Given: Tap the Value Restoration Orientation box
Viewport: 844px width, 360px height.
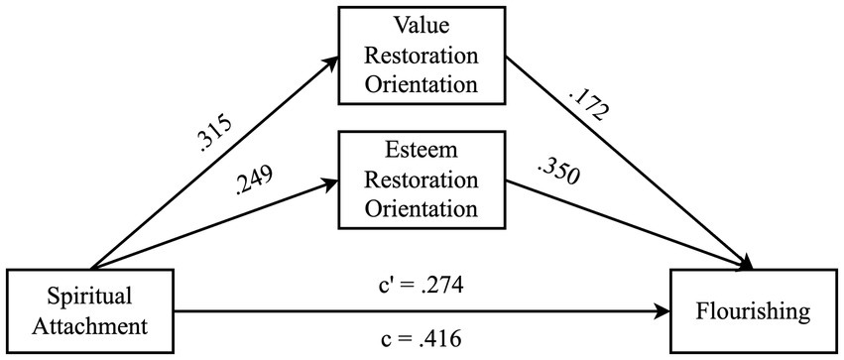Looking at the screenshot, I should pos(423,56).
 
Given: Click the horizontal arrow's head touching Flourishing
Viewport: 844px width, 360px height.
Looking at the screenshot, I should pos(663,312).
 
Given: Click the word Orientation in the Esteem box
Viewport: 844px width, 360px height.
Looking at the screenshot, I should pos(423,208).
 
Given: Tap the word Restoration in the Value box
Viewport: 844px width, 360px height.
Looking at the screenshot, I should pos(423,56).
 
